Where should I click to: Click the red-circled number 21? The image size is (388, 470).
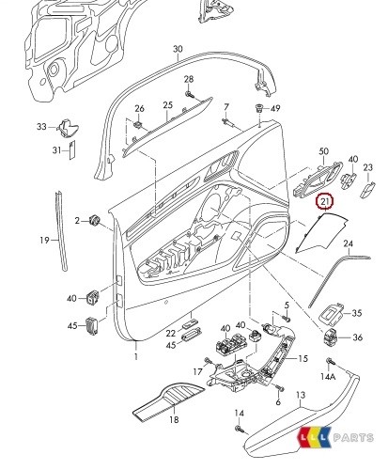(324, 200)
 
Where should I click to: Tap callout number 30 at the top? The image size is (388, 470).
(178, 49)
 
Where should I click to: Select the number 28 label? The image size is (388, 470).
(189, 79)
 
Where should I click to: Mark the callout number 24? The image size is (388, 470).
(349, 244)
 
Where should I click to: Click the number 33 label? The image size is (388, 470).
(40, 127)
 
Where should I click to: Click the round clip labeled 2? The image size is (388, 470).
(95, 221)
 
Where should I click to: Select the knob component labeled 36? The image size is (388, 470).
(331, 337)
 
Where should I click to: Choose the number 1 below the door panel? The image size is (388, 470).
(134, 358)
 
